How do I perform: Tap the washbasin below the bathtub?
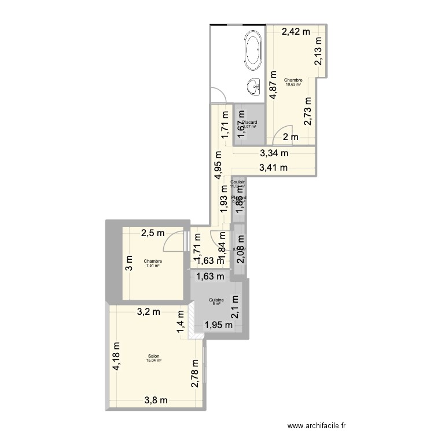(x=254, y=86)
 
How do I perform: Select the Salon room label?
(x=154, y=356)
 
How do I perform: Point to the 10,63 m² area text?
(x=293, y=84)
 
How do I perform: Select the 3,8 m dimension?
(x=156, y=400)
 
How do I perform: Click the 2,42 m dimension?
(x=296, y=32)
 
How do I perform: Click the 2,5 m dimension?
(x=153, y=233)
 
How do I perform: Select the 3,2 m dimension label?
(x=149, y=313)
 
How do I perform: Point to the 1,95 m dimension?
(x=218, y=325)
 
